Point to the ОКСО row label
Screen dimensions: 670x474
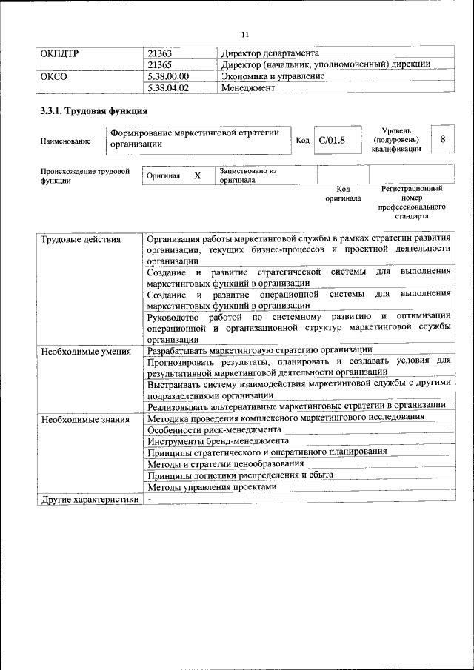coord(54,76)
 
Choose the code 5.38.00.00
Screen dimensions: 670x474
coord(169,76)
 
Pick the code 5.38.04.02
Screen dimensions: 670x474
coord(169,87)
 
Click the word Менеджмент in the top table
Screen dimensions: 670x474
coord(248,87)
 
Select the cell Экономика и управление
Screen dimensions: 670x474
coord(273,76)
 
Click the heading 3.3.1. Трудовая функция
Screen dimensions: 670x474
coord(93,112)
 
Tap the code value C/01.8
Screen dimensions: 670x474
coord(332,140)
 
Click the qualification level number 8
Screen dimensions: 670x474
coord(442,139)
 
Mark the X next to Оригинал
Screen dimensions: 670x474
coord(197,175)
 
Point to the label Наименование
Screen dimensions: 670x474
coord(67,141)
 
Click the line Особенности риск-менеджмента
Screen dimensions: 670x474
coord(213,429)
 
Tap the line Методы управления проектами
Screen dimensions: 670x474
coord(212,487)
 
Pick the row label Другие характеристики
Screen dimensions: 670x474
coord(90,499)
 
